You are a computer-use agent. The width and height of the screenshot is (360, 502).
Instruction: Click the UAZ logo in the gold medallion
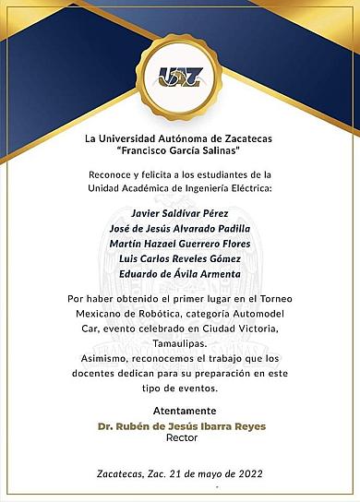179,78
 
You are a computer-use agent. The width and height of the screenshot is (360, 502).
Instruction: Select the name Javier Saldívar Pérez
179,213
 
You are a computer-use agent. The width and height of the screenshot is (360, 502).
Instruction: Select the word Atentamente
179,411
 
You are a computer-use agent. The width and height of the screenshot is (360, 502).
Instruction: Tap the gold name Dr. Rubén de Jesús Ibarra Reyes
179,425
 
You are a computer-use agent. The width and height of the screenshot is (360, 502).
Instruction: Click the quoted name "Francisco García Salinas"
179,149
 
